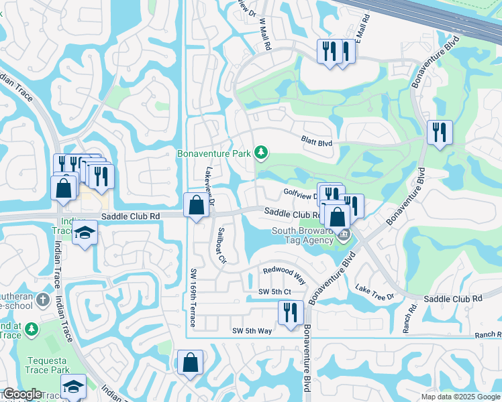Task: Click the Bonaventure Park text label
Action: coord(213,154)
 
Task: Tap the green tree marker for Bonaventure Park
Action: coord(261,154)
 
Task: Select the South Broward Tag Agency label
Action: coord(302,236)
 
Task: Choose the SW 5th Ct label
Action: coord(274,291)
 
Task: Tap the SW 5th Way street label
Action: coord(252,331)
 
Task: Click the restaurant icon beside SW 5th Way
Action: coord(291,313)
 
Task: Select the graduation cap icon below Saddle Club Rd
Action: coord(85,233)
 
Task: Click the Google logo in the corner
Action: coord(22,395)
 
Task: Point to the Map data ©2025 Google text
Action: coord(460,397)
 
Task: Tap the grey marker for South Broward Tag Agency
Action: coord(344,234)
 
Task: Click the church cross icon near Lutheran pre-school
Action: coord(44,299)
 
